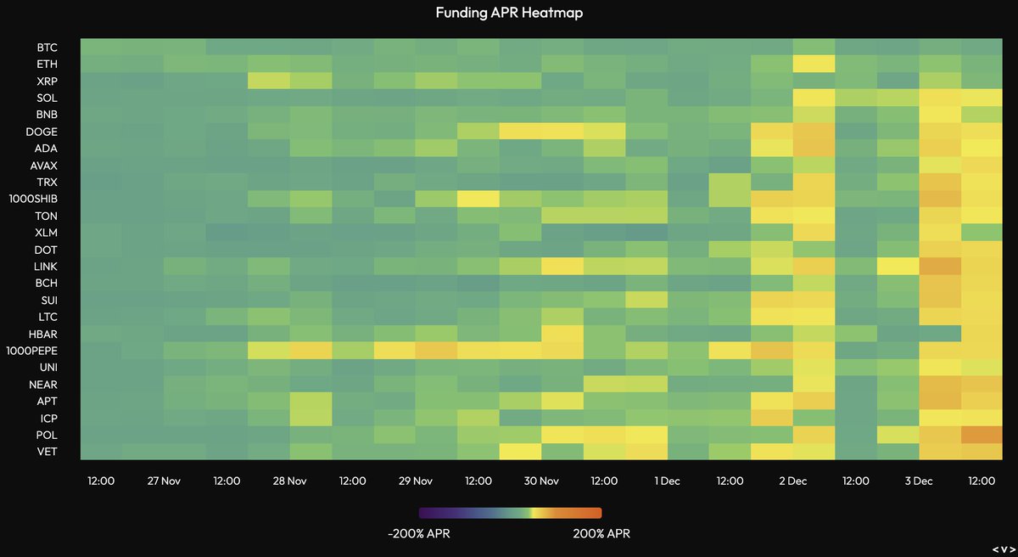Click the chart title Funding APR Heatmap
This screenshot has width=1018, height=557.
pyautogui.click(x=509, y=13)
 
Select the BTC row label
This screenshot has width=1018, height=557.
pyautogui.click(x=48, y=47)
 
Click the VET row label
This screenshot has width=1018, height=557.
pyautogui.click(x=48, y=451)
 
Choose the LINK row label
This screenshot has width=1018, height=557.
pyautogui.click(x=46, y=266)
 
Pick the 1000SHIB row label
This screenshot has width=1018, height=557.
pyautogui.click(x=33, y=198)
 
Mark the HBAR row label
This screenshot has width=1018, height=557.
pyautogui.click(x=45, y=333)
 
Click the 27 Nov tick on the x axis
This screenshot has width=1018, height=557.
pyautogui.click(x=164, y=481)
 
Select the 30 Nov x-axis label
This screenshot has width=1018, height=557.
pyautogui.click(x=541, y=481)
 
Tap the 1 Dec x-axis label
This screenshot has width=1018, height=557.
pyautogui.click(x=667, y=481)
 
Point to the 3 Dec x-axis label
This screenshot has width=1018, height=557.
pyautogui.click(x=918, y=481)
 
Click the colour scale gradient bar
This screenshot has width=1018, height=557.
pyautogui.click(x=510, y=513)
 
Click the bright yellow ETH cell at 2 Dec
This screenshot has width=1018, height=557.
pyautogui.click(x=813, y=63)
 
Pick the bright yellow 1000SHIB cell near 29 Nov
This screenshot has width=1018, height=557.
pyautogui.click(x=477, y=198)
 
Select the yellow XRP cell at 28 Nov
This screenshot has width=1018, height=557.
pyautogui.click(x=269, y=80)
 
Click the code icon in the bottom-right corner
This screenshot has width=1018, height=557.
pyautogui.click(x=1002, y=547)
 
